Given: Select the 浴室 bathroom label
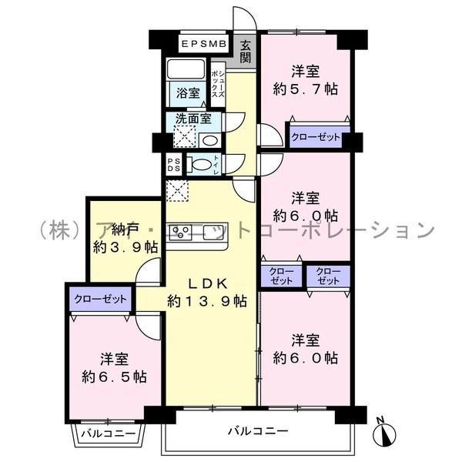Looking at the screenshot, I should (x=188, y=93).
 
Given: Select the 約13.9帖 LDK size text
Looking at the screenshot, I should (x=209, y=301).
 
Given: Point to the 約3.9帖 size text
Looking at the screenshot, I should (x=126, y=247).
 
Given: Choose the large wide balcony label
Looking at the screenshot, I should (x=258, y=430).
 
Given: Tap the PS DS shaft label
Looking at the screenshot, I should (x=174, y=164).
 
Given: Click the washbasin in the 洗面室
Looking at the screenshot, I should (x=209, y=140).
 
